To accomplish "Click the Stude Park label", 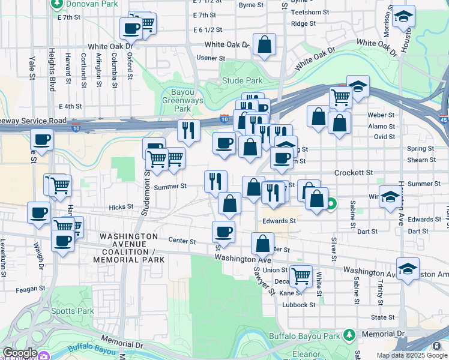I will click(242, 80).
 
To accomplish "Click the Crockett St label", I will click(354, 172).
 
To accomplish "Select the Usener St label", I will click(209, 58).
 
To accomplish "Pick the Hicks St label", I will click(121, 207).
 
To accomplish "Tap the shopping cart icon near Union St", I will click(301, 275).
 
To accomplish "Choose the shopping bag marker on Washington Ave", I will click(262, 244).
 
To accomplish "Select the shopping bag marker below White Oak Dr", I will click(264, 44).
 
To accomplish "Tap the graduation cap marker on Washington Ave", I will click(408, 268).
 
